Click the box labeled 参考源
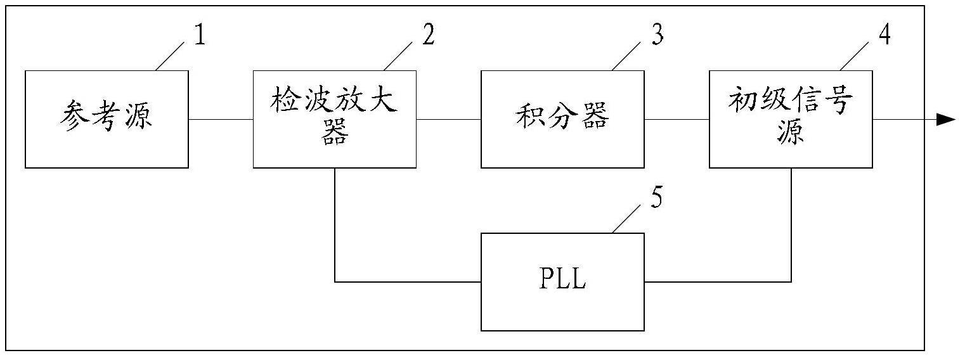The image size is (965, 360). [107, 119]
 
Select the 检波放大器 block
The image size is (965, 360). [335, 119]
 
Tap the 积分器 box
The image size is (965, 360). [562, 119]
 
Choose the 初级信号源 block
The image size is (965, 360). [791, 119]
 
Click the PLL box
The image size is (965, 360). [562, 282]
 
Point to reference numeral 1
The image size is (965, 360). [200, 35]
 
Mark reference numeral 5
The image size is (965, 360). [656, 198]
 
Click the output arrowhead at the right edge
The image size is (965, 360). [946, 120]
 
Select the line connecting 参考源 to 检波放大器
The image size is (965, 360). [221, 119]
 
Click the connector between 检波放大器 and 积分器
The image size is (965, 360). [448, 119]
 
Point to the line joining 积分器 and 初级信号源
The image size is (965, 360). [677, 119]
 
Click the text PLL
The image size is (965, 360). [562, 278]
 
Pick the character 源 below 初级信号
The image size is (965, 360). [791, 131]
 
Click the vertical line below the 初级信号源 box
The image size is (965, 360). [791, 225]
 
